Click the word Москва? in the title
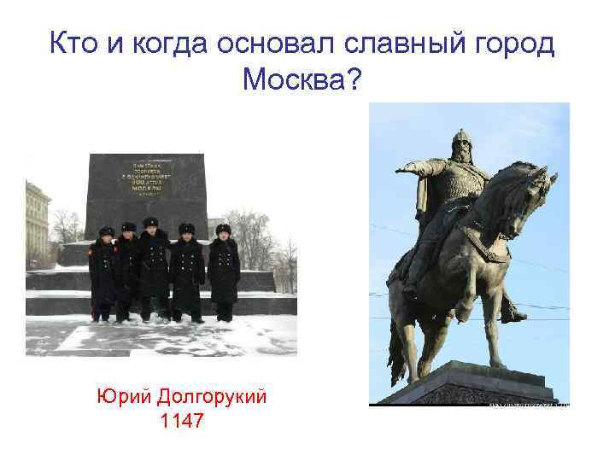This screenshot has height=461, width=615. point(302,81)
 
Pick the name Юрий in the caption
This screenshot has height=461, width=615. point(120,396)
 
